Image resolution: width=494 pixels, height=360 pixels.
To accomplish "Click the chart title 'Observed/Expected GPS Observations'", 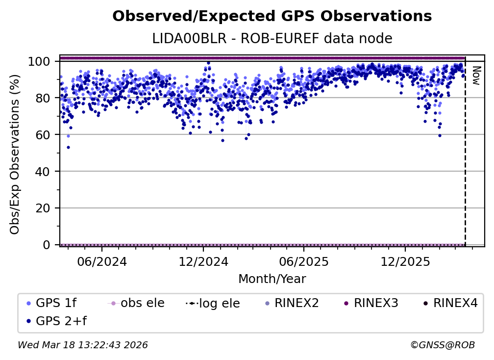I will click(272, 17).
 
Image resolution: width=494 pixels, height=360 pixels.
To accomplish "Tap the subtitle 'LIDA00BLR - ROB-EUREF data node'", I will click(272, 39).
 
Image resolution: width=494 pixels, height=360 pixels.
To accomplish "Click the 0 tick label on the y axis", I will click(47, 245).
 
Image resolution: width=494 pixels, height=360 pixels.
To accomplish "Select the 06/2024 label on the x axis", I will click(101, 261).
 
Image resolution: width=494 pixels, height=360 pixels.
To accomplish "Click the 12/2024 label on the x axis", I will click(203, 261).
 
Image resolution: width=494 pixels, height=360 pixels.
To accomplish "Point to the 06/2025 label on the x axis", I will click(303, 261).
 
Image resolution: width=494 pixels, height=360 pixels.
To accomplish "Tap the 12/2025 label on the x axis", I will click(405, 261).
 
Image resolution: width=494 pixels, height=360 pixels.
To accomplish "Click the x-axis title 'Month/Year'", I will click(272, 280).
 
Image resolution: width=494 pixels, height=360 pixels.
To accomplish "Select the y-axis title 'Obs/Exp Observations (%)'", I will click(15, 154).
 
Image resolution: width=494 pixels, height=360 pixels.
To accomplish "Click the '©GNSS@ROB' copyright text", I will click(442, 345).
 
